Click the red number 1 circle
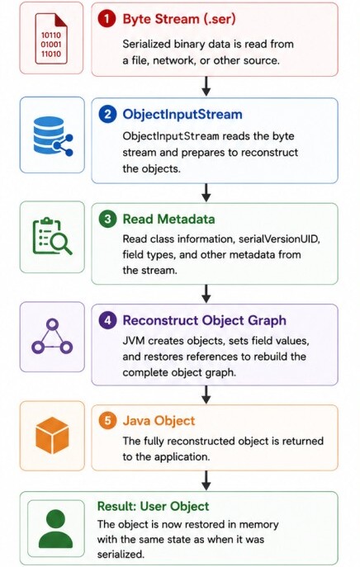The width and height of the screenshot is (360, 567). (x=107, y=19)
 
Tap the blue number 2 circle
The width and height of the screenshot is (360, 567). (x=107, y=114)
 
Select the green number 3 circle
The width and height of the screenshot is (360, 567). (x=107, y=220)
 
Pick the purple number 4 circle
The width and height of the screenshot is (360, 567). (x=107, y=320)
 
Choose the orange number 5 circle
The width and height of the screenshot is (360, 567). (x=107, y=421)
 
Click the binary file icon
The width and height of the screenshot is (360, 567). (x=51, y=38)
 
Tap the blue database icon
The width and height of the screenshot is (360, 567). (x=53, y=136)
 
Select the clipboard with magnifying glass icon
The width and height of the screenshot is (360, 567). (x=52, y=236)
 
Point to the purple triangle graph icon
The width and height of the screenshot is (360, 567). (x=52, y=336)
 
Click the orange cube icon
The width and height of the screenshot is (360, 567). (x=52, y=436)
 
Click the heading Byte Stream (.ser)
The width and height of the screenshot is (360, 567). (x=179, y=19)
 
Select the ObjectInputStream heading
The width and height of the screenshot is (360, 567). (x=182, y=114)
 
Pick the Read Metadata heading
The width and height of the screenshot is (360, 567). (x=168, y=220)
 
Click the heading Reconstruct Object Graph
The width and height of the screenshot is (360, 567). (x=205, y=320)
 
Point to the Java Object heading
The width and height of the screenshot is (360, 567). (x=159, y=421)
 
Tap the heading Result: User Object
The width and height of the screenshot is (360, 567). (x=153, y=506)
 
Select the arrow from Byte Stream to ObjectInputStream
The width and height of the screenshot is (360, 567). (x=206, y=87)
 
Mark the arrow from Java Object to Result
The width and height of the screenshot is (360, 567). (x=206, y=480)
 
